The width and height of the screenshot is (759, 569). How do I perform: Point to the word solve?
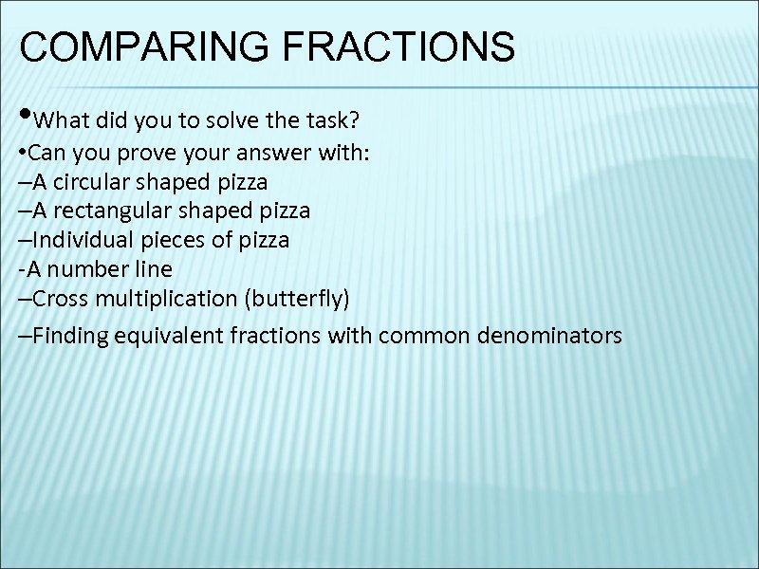click(237, 121)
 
